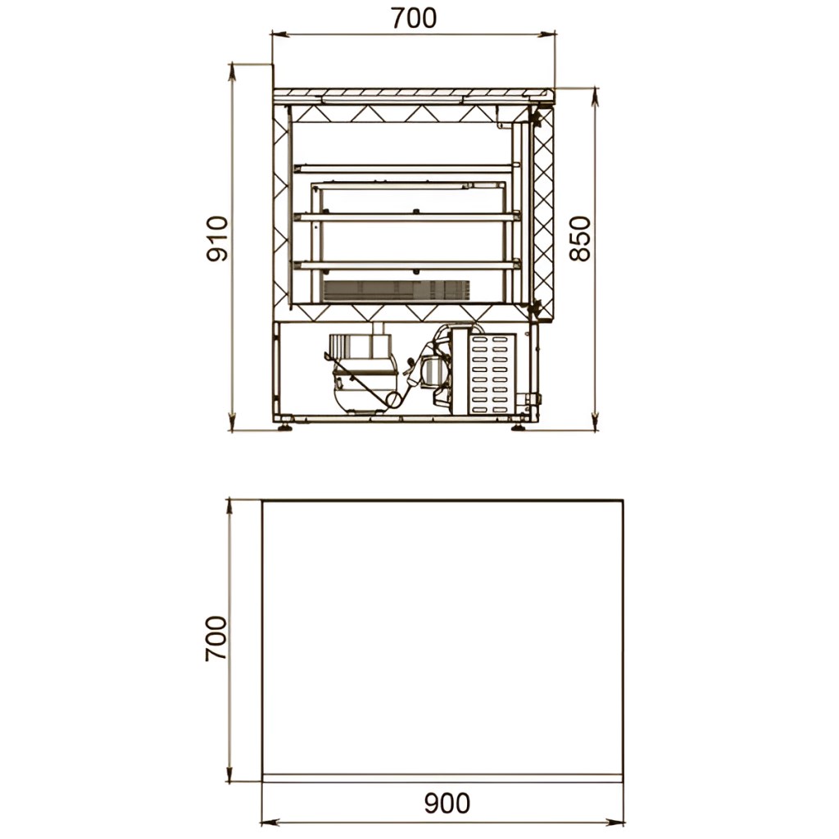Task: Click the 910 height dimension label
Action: (x=216, y=238)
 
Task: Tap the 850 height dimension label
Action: (x=579, y=238)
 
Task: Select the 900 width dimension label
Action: (x=447, y=803)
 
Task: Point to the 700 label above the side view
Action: (x=414, y=19)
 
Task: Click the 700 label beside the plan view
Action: (x=216, y=638)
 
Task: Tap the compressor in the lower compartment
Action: (x=363, y=374)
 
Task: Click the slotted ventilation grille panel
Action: (x=492, y=374)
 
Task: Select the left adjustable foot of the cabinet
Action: (x=284, y=426)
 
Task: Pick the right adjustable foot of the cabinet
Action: (x=519, y=426)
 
